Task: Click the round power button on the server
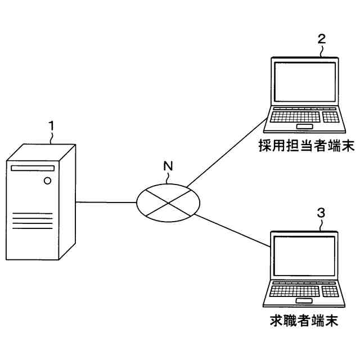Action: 47,181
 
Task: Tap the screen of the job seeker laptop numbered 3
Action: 304,257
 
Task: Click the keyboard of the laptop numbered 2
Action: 304,116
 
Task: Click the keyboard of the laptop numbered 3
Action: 304,290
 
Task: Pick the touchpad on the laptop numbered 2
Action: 304,125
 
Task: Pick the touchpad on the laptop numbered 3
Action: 304,299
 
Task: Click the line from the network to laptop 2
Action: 225,151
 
